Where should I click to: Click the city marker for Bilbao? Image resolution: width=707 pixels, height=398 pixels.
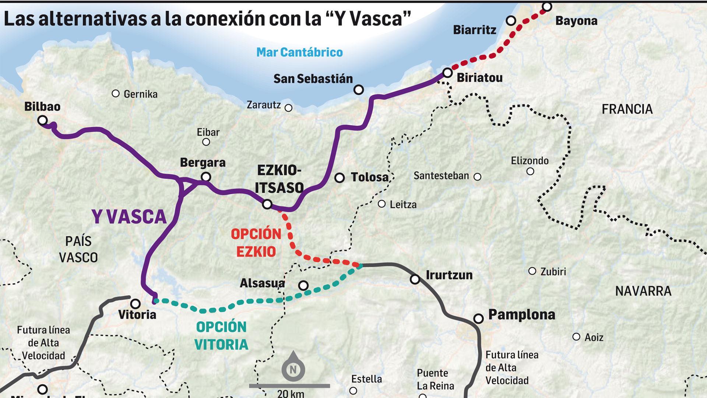[43, 120]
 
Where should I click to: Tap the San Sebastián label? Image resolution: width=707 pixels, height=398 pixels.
[313, 78]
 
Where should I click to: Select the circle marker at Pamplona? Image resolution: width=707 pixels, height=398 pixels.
[478, 318]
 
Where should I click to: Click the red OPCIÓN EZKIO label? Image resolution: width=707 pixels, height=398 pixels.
[256, 243]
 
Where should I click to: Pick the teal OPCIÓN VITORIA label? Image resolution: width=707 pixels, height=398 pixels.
[221, 335]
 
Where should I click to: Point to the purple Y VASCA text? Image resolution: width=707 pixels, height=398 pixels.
[129, 217]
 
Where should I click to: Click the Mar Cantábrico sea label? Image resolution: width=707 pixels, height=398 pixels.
[299, 52]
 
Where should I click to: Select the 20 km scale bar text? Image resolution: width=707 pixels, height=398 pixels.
[291, 393]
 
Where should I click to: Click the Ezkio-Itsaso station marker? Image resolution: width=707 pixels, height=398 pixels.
[267, 204]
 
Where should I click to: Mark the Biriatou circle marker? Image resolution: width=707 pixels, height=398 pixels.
[447, 73]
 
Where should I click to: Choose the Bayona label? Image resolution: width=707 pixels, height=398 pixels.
[576, 21]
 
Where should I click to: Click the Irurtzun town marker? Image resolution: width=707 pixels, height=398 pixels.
[415, 279]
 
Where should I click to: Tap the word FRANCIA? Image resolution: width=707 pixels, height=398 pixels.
[627, 109]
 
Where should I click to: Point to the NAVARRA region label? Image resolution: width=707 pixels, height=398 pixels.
[643, 291]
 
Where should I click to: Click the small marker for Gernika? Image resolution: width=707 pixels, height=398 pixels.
[116, 94]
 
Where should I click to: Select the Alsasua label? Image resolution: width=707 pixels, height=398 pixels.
[262, 283]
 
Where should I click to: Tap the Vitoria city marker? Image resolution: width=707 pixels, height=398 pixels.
[136, 304]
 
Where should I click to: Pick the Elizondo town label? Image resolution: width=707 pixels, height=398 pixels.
[530, 161]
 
